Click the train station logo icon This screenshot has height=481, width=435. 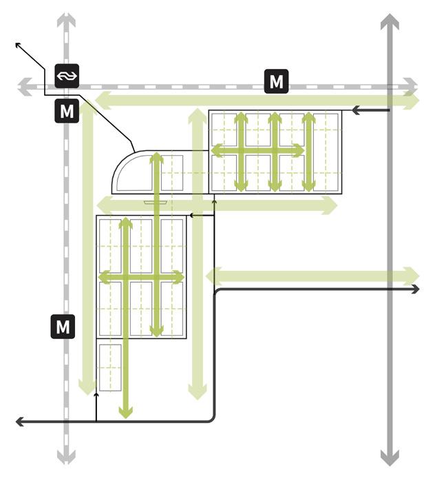[x=67, y=74]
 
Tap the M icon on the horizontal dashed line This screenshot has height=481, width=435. [x=276, y=81]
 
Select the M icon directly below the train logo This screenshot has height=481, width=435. [x=67, y=111]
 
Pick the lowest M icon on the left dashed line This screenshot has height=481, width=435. [x=63, y=326]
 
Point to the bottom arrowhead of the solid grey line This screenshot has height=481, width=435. [x=390, y=458]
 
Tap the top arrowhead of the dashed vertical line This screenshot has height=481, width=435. [x=65, y=19]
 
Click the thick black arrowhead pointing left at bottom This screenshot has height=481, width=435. [x=20, y=420]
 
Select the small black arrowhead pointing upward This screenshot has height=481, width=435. [x=96, y=396]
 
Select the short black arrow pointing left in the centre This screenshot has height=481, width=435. [x=193, y=216]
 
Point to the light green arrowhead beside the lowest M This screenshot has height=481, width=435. [x=87, y=387]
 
